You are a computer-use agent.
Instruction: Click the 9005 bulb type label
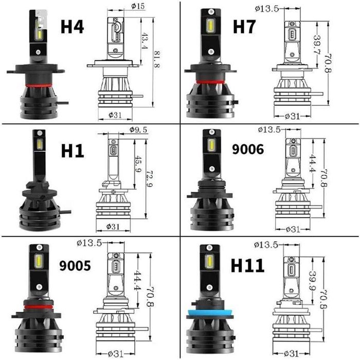[75, 265]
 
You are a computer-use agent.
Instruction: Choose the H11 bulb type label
[247, 265]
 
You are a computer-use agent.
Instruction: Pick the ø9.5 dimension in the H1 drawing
[139, 130]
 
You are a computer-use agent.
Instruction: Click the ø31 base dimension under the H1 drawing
[113, 226]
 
